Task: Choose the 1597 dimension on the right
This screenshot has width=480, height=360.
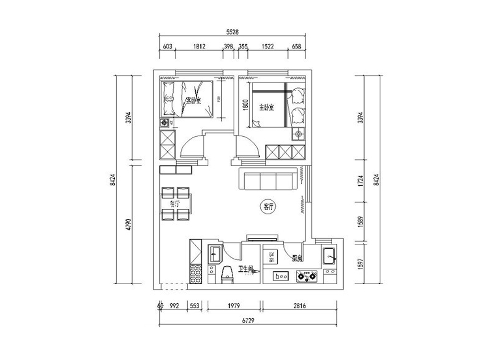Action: point(362,264)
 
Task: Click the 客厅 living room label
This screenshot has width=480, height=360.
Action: point(268,207)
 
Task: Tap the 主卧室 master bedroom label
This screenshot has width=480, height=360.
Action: point(266,107)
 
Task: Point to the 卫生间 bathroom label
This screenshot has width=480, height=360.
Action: point(245,271)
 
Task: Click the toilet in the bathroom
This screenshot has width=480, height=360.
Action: point(227,275)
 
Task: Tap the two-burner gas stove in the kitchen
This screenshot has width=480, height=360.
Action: point(307,276)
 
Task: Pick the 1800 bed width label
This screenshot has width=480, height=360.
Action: point(245,105)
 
